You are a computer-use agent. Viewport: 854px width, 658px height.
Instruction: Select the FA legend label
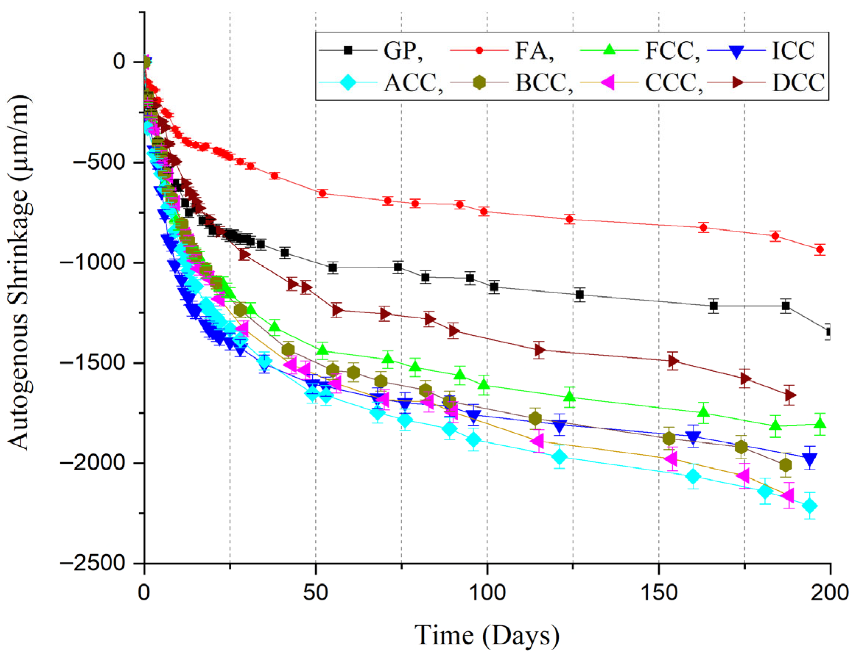(534, 50)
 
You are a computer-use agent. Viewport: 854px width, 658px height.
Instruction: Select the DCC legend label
(798, 82)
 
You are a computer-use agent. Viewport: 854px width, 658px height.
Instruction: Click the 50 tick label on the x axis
(315, 593)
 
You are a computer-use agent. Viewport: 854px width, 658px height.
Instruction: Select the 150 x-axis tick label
(658, 593)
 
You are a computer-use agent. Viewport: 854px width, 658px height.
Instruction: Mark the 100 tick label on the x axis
(487, 593)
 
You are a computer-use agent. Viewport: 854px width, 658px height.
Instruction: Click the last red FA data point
(820, 249)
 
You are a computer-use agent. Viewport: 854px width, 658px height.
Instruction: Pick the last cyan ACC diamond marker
(809, 506)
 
